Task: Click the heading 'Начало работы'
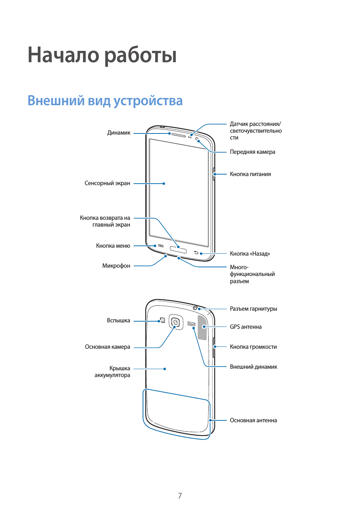[102, 55]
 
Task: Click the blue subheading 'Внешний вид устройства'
[105, 101]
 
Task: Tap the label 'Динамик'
[118, 133]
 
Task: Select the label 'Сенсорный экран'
[107, 183]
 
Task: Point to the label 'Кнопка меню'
[113, 246]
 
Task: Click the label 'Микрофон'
[116, 266]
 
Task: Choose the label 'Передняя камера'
[252, 152]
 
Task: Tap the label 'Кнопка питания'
[250, 174]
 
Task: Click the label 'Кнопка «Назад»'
[250, 254]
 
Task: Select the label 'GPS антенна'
[246, 327]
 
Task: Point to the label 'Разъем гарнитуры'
[253, 309]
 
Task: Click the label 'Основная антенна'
[253, 420]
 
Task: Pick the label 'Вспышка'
[118, 320]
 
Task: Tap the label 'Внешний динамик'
[253, 367]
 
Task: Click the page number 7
[180, 496]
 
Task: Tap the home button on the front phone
[178, 250]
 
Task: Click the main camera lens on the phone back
[175, 322]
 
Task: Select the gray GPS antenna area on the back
[202, 327]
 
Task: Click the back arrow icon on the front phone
[196, 252]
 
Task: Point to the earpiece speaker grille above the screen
[178, 135]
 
